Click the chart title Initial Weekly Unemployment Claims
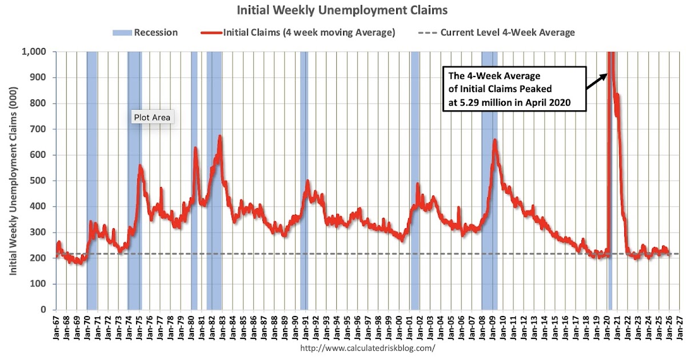342,10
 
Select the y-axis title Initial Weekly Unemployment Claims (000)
12,181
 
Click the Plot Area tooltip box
152,118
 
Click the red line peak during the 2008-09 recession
494,141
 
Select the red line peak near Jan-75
140,166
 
